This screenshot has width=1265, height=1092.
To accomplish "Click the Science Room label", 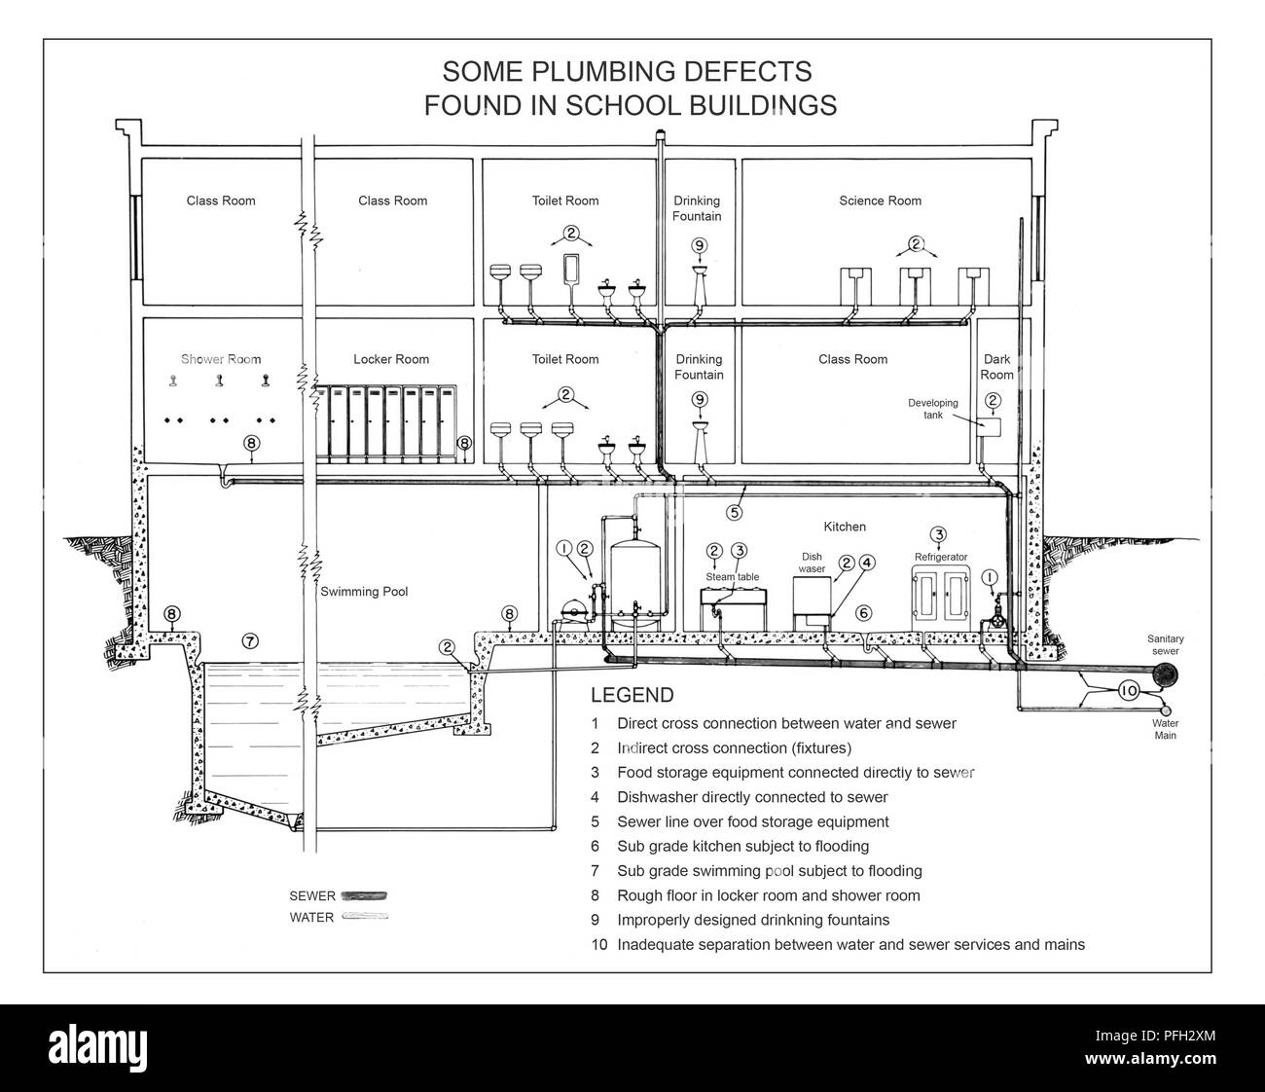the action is (880, 200).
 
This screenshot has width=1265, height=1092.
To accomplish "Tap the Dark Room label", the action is (997, 367).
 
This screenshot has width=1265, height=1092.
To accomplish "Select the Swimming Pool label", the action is (364, 592).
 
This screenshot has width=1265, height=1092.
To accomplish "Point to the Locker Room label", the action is (391, 359).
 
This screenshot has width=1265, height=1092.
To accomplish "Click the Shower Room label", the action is (221, 359).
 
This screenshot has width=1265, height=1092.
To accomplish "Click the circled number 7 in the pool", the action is (250, 641).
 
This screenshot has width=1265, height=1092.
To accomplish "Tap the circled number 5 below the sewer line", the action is (735, 512).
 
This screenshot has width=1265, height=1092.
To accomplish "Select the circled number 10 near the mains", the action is (1129, 691).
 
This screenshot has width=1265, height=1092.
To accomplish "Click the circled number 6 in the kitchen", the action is (863, 613).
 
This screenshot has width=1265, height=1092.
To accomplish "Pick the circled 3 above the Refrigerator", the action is (939, 534).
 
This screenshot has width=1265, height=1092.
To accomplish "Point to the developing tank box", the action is (989, 426).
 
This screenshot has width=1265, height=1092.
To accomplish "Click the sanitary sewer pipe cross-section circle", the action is (1165, 673).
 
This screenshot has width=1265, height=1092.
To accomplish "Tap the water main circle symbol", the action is (1166, 710).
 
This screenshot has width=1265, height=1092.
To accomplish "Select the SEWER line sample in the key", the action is (364, 896).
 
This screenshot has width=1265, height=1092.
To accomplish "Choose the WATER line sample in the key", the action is (365, 916).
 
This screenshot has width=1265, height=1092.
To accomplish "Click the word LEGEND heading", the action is (632, 695).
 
